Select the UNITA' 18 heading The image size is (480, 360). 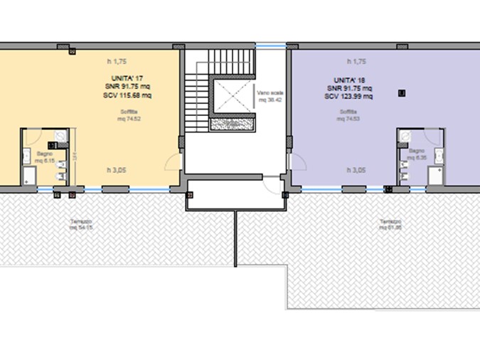(x=348, y=80)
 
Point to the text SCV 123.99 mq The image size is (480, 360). (x=348, y=96)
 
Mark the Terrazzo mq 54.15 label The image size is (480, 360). (x=80, y=226)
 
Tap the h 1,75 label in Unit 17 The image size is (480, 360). (x=117, y=61)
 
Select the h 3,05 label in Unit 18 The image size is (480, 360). (x=356, y=171)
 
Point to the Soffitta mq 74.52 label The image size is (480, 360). (x=129, y=116)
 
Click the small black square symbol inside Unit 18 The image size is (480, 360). (x=402, y=92)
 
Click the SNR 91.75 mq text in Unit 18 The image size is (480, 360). (x=348, y=88)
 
